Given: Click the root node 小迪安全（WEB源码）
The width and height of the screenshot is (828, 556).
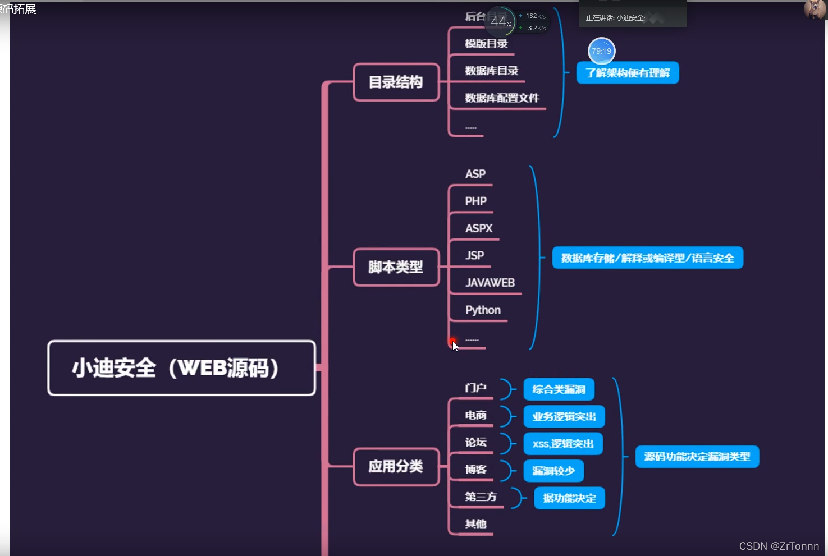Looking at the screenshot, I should [181, 368].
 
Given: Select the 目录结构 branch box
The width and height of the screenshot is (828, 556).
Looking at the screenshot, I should [396, 82].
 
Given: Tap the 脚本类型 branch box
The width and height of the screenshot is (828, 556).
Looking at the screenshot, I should [396, 267].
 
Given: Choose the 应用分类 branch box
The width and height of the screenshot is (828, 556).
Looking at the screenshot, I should [396, 466].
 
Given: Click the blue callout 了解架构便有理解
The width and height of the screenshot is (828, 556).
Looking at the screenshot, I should [628, 73].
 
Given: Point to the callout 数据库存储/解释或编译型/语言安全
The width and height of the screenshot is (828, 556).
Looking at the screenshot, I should [647, 258].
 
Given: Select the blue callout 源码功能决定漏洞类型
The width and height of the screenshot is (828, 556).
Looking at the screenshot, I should [697, 457].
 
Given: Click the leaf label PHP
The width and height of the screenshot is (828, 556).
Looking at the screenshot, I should [476, 201].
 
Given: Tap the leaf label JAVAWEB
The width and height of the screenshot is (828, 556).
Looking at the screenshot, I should [490, 283].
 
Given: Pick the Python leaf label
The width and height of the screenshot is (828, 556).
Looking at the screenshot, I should [483, 310].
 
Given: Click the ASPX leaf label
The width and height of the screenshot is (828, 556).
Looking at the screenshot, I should [479, 228].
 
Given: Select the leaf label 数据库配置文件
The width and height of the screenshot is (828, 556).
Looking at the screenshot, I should [502, 98].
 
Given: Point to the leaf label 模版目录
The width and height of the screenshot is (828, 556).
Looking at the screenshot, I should [486, 44].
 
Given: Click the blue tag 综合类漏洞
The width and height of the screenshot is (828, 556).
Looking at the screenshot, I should [559, 389].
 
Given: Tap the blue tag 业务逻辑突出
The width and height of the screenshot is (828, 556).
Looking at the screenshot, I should [564, 416].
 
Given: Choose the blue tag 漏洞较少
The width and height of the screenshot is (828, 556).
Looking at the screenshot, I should [553, 471].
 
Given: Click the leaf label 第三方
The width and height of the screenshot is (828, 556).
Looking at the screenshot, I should [481, 497].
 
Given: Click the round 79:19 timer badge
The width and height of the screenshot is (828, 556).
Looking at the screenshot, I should [601, 51].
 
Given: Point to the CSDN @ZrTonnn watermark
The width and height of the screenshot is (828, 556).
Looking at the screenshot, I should [779, 546].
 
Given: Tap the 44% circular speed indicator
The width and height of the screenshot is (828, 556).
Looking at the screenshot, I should [500, 22].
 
